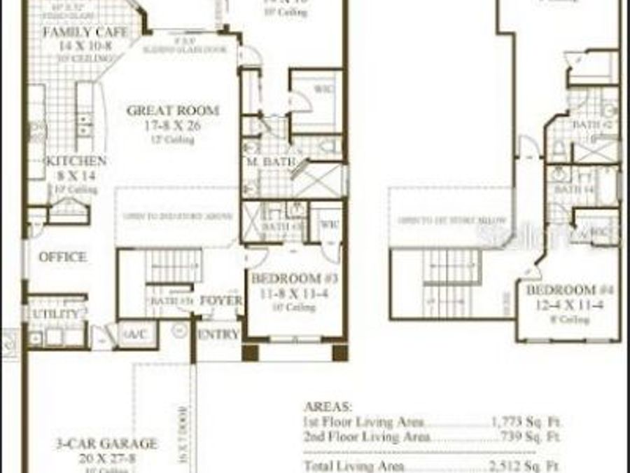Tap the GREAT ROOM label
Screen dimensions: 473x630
point(172,111)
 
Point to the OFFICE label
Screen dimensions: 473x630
point(62,257)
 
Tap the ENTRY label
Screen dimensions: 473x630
point(218,334)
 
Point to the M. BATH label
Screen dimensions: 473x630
point(263,163)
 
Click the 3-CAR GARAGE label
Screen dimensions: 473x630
point(107,444)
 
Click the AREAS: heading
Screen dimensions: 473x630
point(328,406)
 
